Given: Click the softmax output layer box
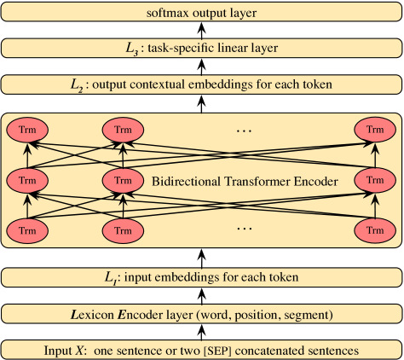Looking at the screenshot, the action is (x=201, y=12).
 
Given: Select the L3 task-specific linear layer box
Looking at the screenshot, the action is (x=201, y=48).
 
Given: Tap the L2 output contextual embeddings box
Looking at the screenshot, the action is (x=201, y=84).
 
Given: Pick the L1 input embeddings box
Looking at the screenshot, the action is (x=201, y=277).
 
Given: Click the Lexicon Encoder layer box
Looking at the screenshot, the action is (x=201, y=314).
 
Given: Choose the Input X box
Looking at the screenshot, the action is (x=201, y=350).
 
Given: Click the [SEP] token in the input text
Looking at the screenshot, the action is (x=217, y=351).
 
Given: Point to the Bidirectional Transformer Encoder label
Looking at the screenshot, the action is (x=245, y=181).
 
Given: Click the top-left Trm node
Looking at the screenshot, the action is (x=27, y=130).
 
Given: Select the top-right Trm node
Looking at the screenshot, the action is (x=375, y=130).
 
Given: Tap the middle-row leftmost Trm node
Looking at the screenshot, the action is (x=27, y=180).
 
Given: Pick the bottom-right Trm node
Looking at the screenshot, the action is (x=375, y=230).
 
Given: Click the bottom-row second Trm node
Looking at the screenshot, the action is (x=123, y=230).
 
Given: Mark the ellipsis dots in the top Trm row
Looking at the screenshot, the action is (x=244, y=131).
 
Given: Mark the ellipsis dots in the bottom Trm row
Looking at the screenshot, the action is (x=244, y=229).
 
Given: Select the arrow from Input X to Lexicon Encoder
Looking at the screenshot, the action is (x=201, y=332).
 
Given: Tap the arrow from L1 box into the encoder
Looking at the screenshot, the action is (x=201, y=258).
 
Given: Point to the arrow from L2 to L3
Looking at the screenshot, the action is (x=201, y=67).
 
